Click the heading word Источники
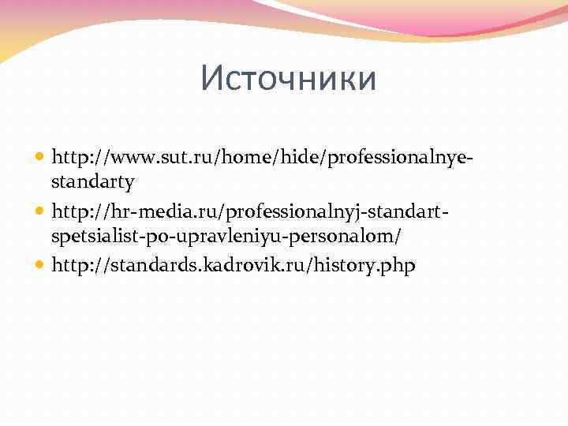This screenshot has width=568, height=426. click(289, 79)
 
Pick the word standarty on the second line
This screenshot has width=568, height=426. click(93, 183)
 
